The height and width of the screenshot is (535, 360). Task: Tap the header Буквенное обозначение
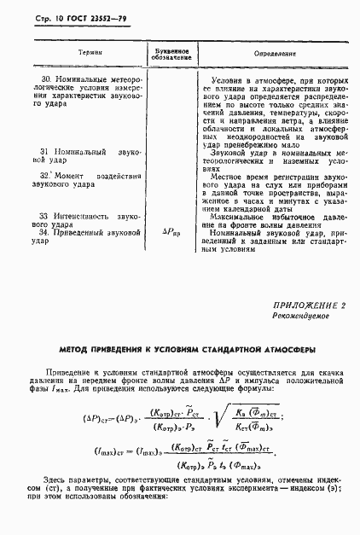click(171, 52)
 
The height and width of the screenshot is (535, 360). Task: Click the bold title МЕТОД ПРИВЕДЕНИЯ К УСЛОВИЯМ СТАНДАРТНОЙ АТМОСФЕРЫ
click(180, 350)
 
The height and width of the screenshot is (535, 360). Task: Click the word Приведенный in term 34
click(82, 231)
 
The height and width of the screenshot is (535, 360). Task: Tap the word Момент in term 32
click(72, 175)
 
